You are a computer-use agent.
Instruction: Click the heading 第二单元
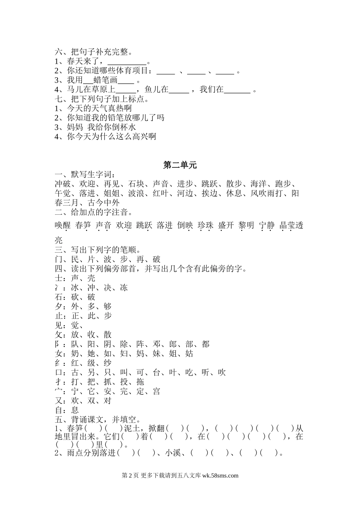pyautogui.click(x=180, y=165)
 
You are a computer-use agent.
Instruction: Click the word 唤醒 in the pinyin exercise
pyautogui.click(x=63, y=226)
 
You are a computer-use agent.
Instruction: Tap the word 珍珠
pyautogui.click(x=205, y=226)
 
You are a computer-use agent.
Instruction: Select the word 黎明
pyautogui.click(x=246, y=226)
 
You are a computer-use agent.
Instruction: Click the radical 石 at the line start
pyautogui.click(x=58, y=297)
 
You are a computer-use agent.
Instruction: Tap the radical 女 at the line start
pyautogui.click(x=58, y=354)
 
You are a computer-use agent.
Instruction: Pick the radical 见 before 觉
pyautogui.click(x=58, y=325)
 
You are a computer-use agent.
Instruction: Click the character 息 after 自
pyautogui.click(x=75, y=410)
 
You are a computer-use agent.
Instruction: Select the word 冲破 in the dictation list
pyautogui.click(x=63, y=184)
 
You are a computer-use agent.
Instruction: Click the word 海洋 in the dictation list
pyautogui.click(x=258, y=184)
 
